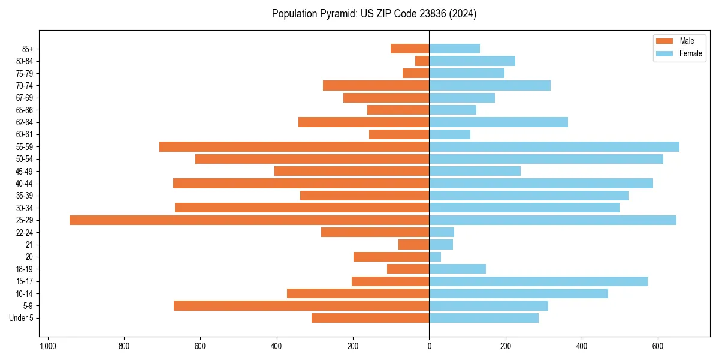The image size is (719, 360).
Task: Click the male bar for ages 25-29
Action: [x=249, y=220]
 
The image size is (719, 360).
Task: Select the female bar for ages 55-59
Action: [x=554, y=147]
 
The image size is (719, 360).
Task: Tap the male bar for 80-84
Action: [x=422, y=61]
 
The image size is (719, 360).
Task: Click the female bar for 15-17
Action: [x=538, y=281]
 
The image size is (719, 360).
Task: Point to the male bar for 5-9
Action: [x=301, y=306]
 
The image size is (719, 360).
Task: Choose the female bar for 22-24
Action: [x=442, y=232]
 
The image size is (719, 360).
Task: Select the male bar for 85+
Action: [x=410, y=49]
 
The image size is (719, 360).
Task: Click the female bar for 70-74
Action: [x=490, y=86]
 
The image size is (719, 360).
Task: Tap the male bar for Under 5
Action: [x=370, y=318]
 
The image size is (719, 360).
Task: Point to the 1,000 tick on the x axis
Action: [x=48, y=346]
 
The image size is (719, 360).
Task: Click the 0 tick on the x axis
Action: [x=429, y=346]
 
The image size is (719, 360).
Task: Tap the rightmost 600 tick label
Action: [x=658, y=346]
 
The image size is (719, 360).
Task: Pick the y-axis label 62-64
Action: [x=25, y=122]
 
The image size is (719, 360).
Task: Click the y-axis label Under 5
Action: [x=21, y=318]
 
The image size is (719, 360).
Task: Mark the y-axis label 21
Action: [x=29, y=245]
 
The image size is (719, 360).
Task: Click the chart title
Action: [x=374, y=14]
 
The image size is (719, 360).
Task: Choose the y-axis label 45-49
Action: [x=25, y=172]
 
